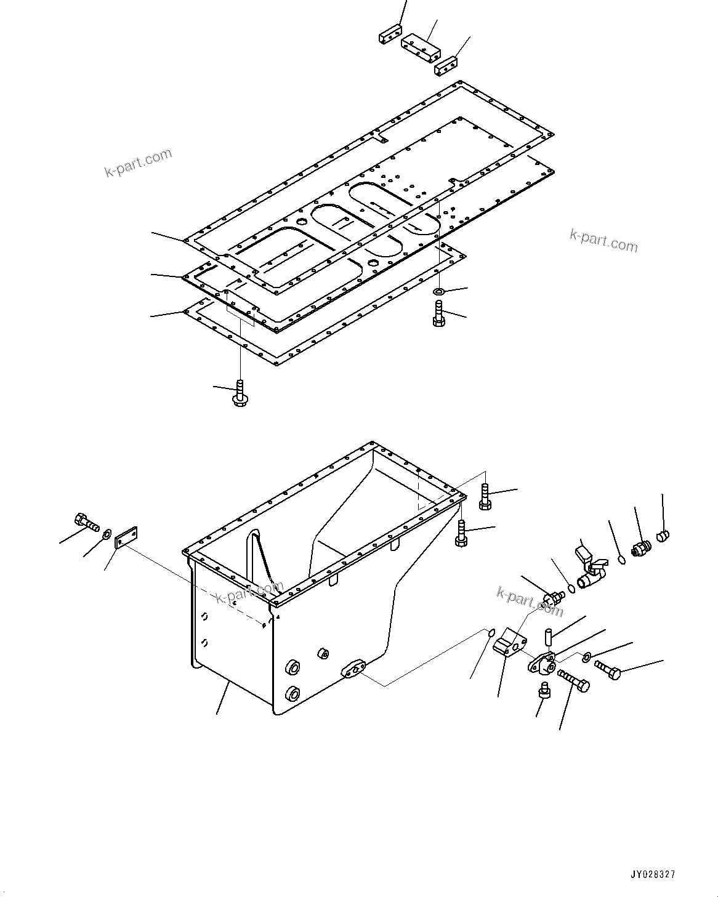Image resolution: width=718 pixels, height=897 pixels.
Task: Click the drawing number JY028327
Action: [652, 874]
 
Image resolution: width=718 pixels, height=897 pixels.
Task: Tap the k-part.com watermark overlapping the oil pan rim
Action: [249, 592]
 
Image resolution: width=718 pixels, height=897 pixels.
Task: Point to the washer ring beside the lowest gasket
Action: [440, 291]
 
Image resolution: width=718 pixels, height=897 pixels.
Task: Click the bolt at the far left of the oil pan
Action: [86, 522]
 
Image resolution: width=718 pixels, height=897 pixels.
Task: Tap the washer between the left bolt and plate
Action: [107, 533]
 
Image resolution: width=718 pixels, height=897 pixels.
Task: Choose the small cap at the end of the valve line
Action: [663, 536]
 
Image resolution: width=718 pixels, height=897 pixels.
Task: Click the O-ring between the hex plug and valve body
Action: [571, 589]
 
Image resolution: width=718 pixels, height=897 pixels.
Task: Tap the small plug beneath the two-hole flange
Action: [543, 690]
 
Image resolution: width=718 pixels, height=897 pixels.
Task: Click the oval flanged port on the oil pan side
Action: [354, 669]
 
